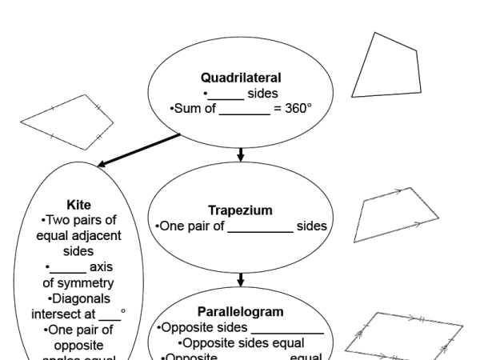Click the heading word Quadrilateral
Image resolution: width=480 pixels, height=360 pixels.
(241, 78)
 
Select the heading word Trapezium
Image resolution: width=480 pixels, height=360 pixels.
(240, 210)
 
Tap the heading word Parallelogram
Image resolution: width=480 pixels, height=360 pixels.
(240, 311)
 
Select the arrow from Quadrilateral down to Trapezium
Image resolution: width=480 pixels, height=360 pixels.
(240, 154)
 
